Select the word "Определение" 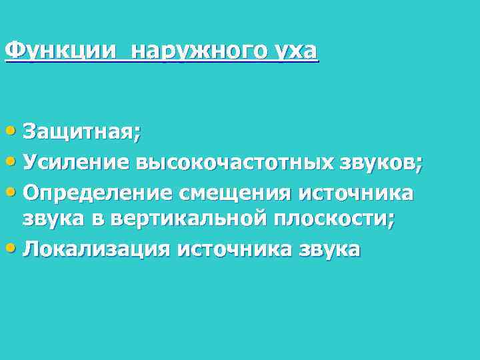tap(97, 193)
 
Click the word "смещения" tap(235, 193)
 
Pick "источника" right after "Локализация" tap(233, 249)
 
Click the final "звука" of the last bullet tap(329, 249)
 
